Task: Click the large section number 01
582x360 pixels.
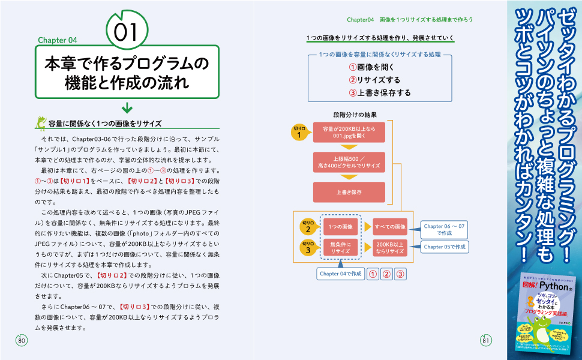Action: [x=127, y=31]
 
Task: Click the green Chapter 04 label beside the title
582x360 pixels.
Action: [x=58, y=41]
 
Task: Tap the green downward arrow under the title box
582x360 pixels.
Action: [x=127, y=108]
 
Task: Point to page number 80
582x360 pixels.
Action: [x=22, y=341]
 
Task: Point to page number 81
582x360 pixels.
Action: [x=486, y=341]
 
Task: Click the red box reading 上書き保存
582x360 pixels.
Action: [x=349, y=192]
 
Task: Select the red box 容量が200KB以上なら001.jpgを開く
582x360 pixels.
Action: [x=349, y=132]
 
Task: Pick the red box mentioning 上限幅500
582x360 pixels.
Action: [x=349, y=161]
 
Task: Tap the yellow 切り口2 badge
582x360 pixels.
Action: [x=307, y=226]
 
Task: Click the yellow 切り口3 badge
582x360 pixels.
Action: [x=307, y=247]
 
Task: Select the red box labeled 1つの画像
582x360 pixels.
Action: [x=341, y=226]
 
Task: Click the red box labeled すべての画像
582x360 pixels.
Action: [x=390, y=226]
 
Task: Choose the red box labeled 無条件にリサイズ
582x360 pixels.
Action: [x=341, y=247]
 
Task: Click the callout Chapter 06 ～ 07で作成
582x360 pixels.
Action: [x=444, y=229]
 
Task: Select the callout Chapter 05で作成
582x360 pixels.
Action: [x=445, y=247]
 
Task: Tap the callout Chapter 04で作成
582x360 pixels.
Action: [x=341, y=274]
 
